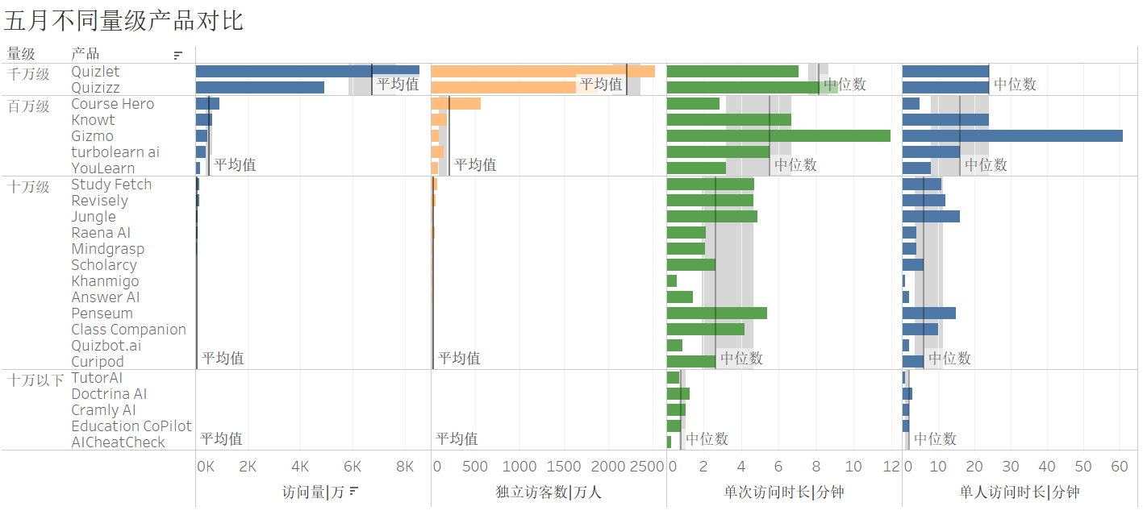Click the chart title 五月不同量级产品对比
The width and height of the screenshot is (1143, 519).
point(123,21)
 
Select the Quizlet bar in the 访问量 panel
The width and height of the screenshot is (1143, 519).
point(307,71)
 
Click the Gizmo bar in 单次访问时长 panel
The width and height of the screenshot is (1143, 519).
point(778,135)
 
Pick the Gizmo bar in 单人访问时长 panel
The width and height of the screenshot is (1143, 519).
point(1012,135)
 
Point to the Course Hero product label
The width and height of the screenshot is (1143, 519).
point(112,104)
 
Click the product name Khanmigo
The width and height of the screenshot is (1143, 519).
point(105,281)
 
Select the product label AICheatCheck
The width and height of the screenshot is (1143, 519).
point(118,442)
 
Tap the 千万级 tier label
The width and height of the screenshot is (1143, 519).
point(28,73)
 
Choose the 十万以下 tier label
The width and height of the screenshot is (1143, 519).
point(35,380)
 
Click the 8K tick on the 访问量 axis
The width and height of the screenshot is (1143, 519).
point(405,467)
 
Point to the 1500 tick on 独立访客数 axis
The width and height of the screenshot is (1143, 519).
point(564,467)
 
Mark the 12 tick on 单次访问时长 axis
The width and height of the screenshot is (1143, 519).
point(891,467)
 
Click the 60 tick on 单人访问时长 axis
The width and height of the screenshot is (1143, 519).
point(1119,467)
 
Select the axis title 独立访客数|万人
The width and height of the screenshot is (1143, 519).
point(549,492)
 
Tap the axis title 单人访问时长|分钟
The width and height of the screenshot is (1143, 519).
point(1019,492)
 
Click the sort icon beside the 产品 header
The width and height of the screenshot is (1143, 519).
point(178,56)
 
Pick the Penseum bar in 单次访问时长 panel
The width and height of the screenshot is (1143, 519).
point(716,313)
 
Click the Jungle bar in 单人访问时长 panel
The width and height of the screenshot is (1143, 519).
point(931,216)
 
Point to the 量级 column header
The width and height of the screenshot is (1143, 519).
point(21,54)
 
